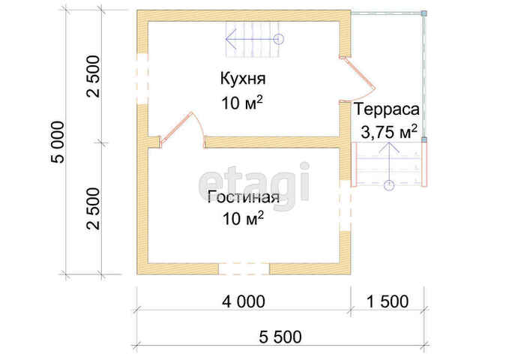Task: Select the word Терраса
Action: pyautogui.click(x=387, y=109)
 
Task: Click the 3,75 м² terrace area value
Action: pyautogui.click(x=389, y=132)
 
